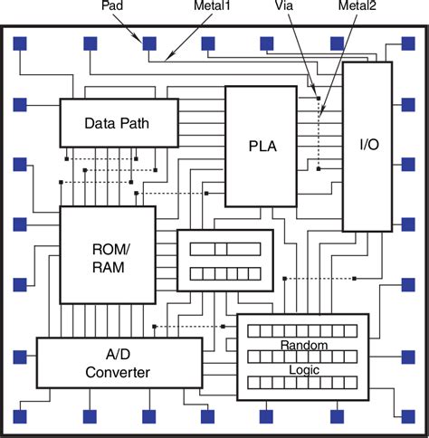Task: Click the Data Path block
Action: coord(117,123)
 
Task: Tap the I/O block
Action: coord(367,146)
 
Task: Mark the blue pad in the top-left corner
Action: coord(19,43)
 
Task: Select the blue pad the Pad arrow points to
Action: coord(148,43)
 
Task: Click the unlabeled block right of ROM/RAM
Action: coord(224,260)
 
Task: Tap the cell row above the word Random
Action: coord(303,332)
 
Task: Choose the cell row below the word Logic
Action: coord(303,383)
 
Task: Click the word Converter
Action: coord(118,372)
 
